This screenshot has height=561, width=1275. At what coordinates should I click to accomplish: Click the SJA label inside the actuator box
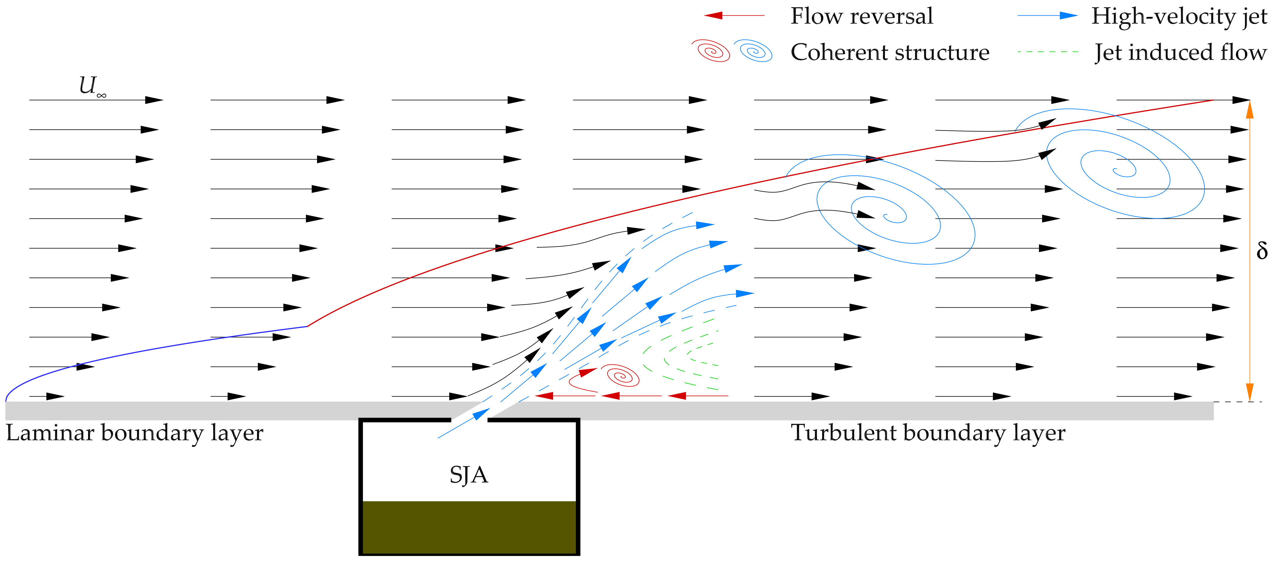tap(468, 475)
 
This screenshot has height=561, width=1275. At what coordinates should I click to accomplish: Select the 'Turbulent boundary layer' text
tap(928, 433)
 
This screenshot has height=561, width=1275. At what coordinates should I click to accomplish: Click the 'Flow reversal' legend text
tap(861, 16)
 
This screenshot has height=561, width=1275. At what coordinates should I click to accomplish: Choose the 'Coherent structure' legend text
tap(889, 53)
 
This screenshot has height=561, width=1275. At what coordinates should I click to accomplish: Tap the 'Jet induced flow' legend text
tap(1180, 53)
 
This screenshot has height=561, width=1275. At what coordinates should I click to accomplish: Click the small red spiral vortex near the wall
tap(623, 376)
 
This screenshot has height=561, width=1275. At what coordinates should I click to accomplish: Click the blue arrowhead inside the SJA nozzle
tap(480, 414)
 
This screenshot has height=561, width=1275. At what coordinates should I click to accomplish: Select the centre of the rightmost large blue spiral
tap(1123, 171)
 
